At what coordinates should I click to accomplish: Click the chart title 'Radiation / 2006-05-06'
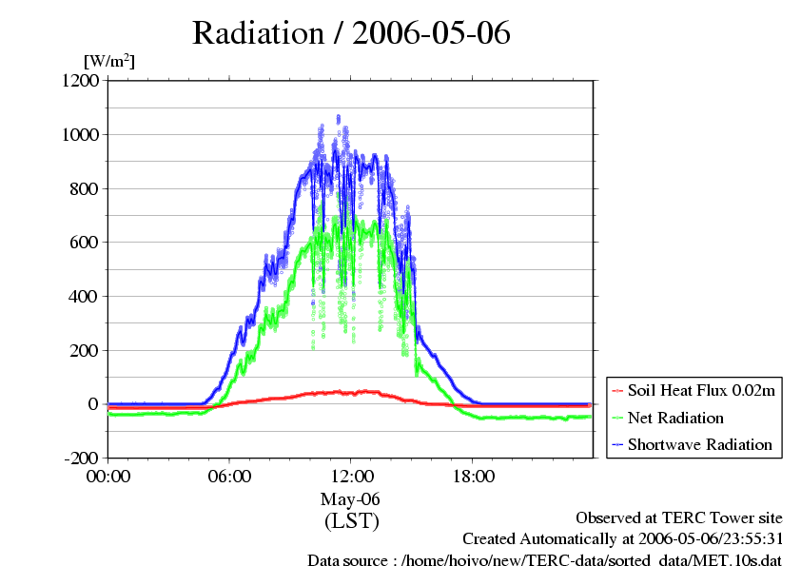tap(351, 33)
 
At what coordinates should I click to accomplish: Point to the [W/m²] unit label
tap(109, 61)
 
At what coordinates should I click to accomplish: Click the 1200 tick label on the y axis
tap(81, 81)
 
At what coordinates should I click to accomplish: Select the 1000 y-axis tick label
tap(81, 135)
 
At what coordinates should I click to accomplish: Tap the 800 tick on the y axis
tap(85, 188)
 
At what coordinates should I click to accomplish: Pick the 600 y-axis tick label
tap(85, 243)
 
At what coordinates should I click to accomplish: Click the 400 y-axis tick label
tap(85, 297)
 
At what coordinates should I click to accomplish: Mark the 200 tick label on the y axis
tap(85, 351)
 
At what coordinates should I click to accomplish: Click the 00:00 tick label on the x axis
tap(107, 476)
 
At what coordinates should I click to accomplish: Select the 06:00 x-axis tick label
tap(229, 476)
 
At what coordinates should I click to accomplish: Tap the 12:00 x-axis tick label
tap(351, 476)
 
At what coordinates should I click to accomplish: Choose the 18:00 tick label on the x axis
tap(473, 476)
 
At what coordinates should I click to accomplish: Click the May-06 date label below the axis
tap(351, 498)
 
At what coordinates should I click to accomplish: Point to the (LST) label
tap(351, 521)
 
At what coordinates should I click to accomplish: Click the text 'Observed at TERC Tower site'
tap(679, 517)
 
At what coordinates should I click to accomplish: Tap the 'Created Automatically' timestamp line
tap(622, 538)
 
